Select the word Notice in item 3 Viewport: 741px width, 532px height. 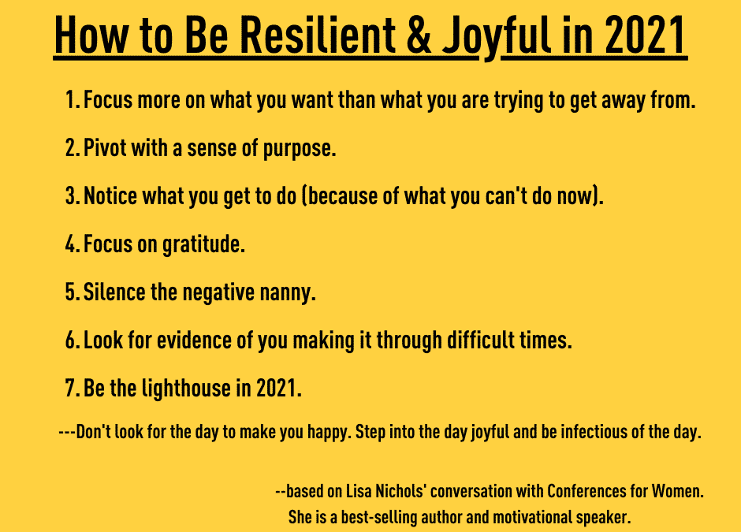click(x=110, y=196)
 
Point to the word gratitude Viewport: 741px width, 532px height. click(x=204, y=245)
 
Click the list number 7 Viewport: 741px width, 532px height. click(x=71, y=389)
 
